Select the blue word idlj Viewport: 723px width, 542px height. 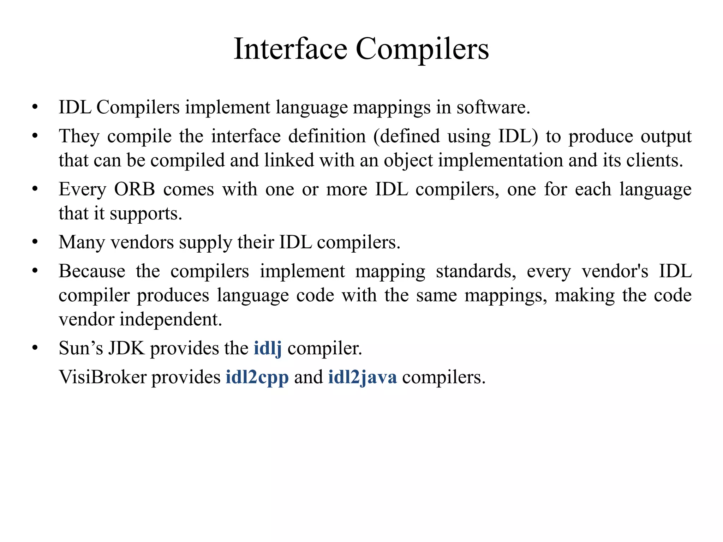(268, 349)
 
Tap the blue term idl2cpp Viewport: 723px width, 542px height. (257, 378)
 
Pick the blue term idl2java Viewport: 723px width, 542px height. (362, 378)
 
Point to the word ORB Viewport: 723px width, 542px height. (135, 189)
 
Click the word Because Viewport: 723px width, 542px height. (92, 271)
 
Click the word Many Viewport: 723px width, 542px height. (82, 243)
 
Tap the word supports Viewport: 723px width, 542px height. (146, 214)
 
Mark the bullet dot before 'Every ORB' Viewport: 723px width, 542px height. (35, 190)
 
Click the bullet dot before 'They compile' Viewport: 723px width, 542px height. (35, 136)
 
